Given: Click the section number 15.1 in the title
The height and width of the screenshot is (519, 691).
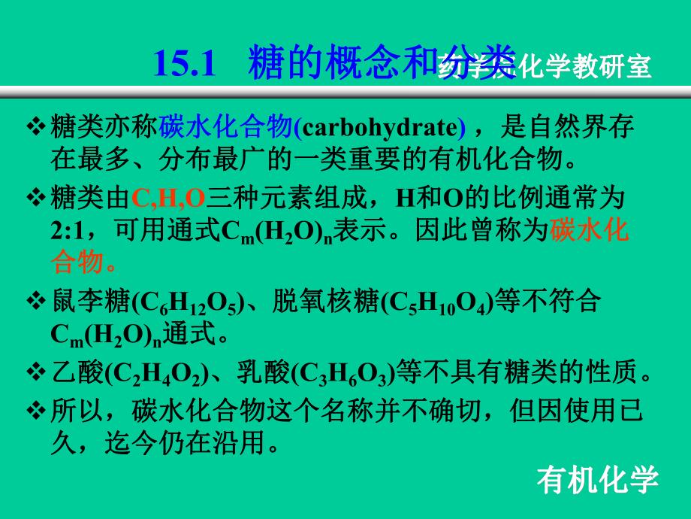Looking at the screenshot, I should (185, 63).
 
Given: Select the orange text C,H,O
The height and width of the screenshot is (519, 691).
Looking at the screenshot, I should (168, 199).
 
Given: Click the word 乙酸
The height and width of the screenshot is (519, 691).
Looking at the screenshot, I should (76, 369).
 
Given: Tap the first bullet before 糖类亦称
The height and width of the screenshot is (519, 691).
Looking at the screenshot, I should (36, 128).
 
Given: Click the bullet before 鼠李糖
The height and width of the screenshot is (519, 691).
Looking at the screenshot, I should (36, 301).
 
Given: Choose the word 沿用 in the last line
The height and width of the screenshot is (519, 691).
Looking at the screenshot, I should (251, 443).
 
